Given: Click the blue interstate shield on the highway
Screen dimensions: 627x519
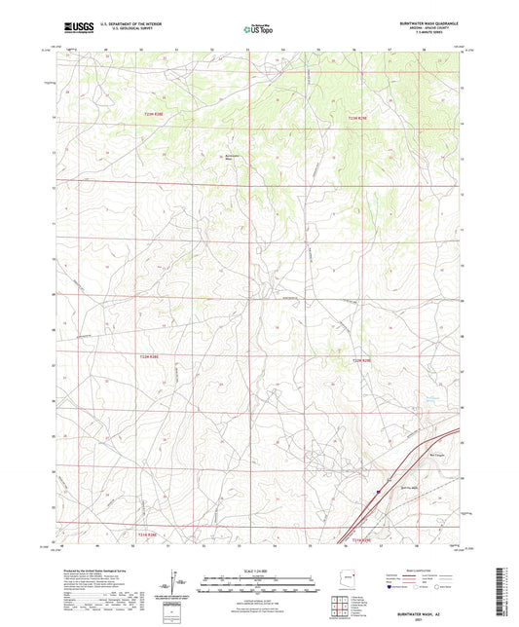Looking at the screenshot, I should click(x=378, y=492).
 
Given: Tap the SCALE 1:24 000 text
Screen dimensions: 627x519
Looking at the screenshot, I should click(x=258, y=571).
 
